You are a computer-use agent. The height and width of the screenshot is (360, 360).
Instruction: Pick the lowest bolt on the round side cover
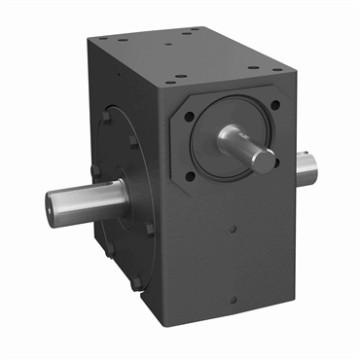point(135,282)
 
